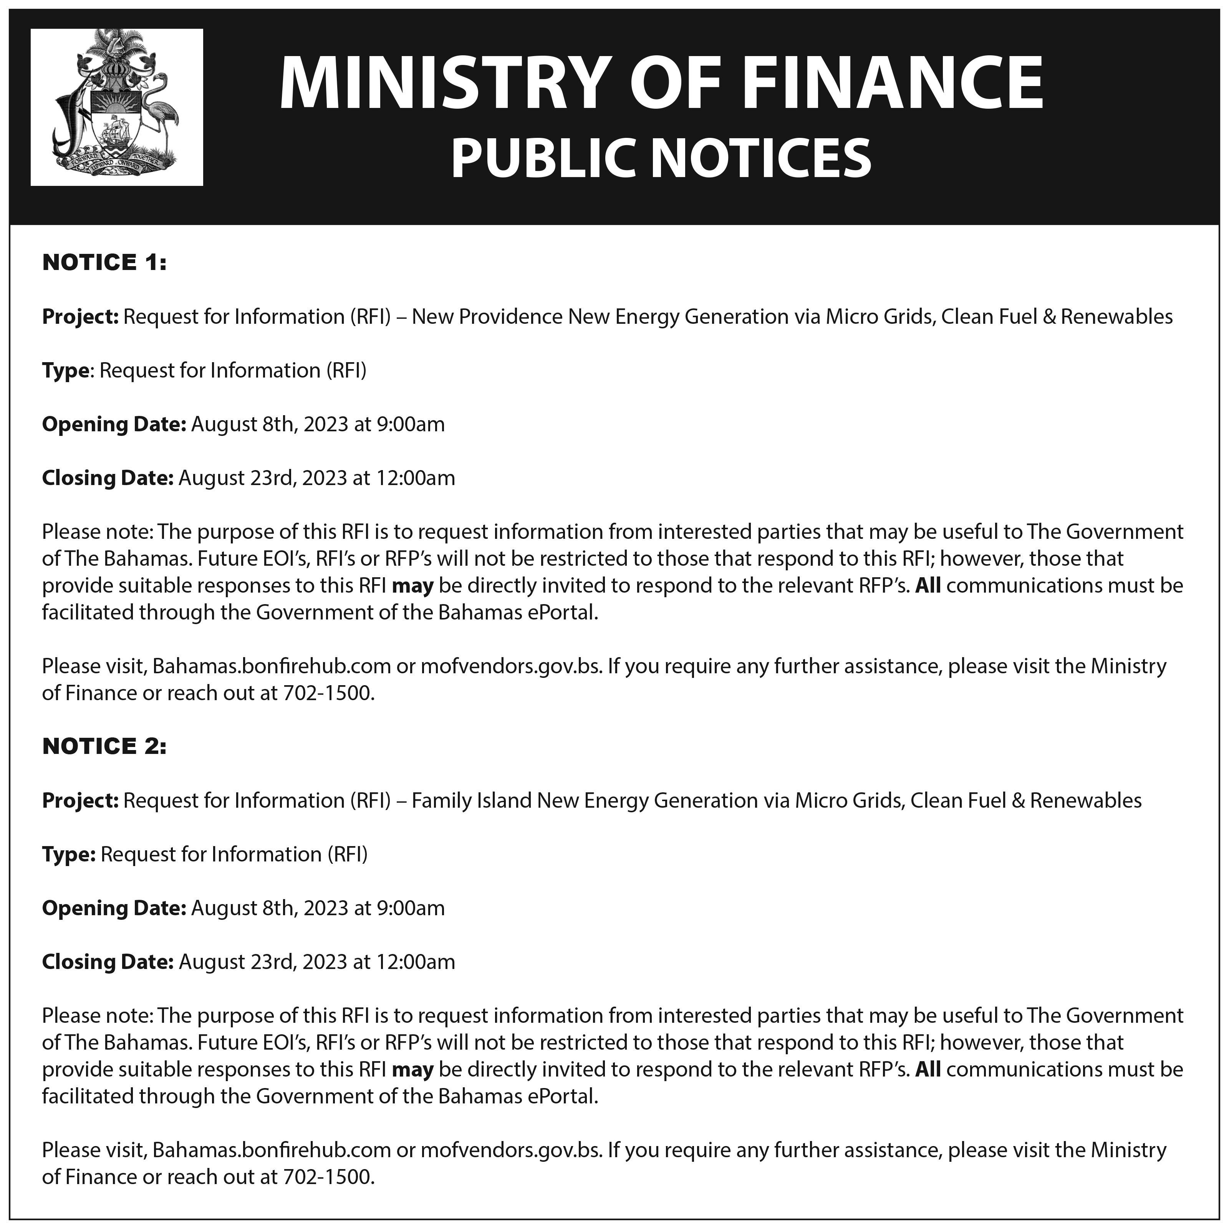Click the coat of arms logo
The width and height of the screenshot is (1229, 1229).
coord(116,107)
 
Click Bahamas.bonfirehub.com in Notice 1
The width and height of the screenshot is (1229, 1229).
coord(271,666)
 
